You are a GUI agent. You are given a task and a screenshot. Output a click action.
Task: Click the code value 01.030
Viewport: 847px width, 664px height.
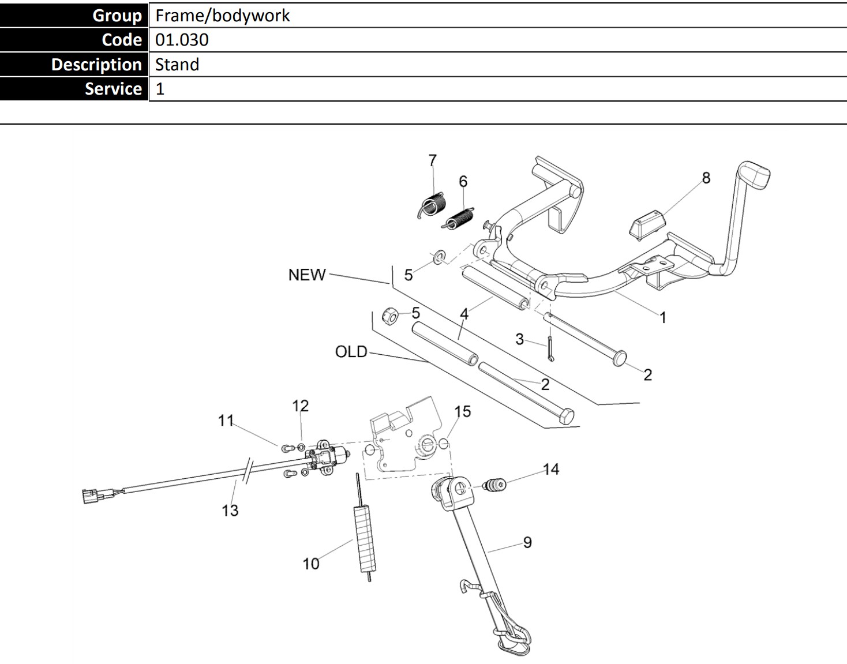[182, 40]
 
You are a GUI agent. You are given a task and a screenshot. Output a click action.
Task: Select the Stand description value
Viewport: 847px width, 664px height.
[177, 64]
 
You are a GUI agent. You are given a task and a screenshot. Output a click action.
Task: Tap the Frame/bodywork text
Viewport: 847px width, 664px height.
[222, 16]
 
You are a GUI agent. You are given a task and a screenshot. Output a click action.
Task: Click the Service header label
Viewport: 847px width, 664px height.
[113, 89]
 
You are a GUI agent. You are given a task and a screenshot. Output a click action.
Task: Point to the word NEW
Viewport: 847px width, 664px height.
[307, 275]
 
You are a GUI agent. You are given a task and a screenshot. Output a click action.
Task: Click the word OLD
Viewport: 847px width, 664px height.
[351, 351]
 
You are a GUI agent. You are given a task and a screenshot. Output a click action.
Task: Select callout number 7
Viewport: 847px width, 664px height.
[433, 160]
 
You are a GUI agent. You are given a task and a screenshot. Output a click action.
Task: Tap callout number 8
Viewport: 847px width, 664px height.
[706, 178]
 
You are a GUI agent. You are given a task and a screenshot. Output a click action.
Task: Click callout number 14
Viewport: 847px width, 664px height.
[551, 469]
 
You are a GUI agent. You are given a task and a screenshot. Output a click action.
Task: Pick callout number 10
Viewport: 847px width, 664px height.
[311, 564]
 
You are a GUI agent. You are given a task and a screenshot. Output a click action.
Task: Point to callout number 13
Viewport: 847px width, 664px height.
[230, 510]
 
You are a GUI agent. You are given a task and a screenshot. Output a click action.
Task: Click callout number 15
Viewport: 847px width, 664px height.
[462, 411]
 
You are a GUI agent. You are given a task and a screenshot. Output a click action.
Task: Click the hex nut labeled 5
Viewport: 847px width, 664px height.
[391, 316]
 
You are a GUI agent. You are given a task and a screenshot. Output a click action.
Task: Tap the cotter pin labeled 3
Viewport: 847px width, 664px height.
[551, 348]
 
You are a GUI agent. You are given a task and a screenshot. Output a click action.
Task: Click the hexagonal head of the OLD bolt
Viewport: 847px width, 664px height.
[567, 415]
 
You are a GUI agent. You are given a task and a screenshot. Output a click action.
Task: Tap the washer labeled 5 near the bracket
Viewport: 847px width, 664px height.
[439, 256]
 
